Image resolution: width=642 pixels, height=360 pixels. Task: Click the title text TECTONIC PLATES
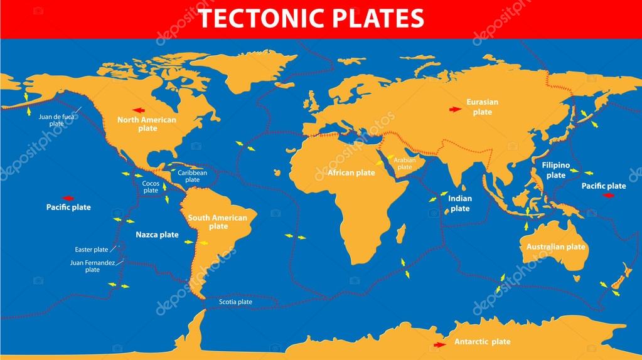(x=311, y=19)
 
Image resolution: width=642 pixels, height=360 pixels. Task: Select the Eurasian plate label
(x=482, y=107)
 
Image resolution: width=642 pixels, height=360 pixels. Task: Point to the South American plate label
(x=218, y=222)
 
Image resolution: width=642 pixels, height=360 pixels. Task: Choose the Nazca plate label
(x=157, y=235)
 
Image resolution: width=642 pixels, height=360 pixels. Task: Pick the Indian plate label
(x=460, y=203)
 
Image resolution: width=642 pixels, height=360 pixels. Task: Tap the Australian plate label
(x=556, y=246)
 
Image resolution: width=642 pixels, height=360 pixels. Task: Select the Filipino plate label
(x=555, y=170)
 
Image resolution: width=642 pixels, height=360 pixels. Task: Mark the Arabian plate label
(x=405, y=163)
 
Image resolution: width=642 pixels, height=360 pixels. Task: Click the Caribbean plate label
(x=192, y=176)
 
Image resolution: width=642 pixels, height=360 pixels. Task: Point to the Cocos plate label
(x=150, y=186)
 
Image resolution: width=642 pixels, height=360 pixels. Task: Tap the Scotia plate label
(x=235, y=302)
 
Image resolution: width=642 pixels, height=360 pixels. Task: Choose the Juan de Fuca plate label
(x=56, y=120)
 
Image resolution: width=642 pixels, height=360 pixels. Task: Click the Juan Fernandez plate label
(x=92, y=266)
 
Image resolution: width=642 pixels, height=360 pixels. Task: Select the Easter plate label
(x=92, y=249)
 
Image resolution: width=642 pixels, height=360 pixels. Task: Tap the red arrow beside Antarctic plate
(x=439, y=344)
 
